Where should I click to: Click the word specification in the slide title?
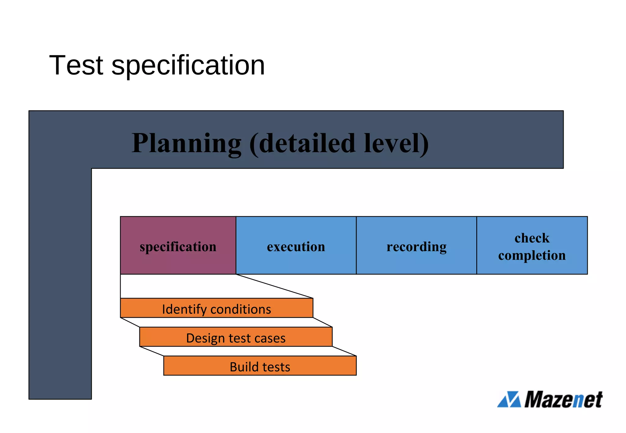pyautogui.click(x=188, y=66)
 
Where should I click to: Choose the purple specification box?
pyautogui.click(x=178, y=245)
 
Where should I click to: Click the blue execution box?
pyautogui.click(x=296, y=245)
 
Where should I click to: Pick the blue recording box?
pyautogui.click(x=416, y=245)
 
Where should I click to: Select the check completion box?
pyautogui.click(x=532, y=245)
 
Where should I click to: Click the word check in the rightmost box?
pyautogui.click(x=532, y=238)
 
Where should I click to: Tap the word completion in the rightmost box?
pyautogui.click(x=532, y=255)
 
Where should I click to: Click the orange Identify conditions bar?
pyautogui.click(x=216, y=308)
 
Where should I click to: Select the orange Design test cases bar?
pyautogui.click(x=236, y=337)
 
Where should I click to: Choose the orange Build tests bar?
pyautogui.click(x=260, y=366)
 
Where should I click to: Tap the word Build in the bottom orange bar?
pyautogui.click(x=244, y=367)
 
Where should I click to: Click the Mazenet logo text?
pyautogui.click(x=563, y=399)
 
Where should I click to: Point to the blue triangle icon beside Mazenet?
pyautogui.click(x=509, y=399)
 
